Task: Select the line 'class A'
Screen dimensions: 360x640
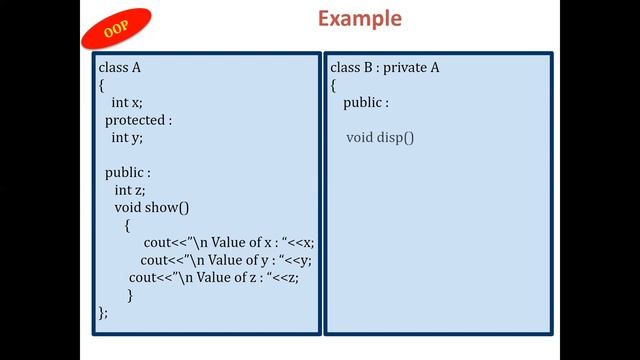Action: tap(119, 68)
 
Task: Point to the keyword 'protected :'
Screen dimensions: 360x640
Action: tap(139, 120)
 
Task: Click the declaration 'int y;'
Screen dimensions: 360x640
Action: tap(127, 138)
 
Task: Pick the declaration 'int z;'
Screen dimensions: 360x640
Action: tap(131, 190)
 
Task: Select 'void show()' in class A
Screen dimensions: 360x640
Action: tap(152, 207)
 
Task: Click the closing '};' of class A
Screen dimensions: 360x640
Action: tap(103, 312)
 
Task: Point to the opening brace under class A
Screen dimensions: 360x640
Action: tap(101, 85)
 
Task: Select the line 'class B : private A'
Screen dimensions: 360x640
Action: tap(384, 68)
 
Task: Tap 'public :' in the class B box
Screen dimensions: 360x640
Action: tap(366, 103)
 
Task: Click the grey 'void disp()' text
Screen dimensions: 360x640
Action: tap(380, 137)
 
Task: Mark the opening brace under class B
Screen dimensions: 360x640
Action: tap(333, 85)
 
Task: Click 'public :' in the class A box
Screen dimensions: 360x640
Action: tap(128, 172)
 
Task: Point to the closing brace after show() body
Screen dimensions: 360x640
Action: tap(130, 295)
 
